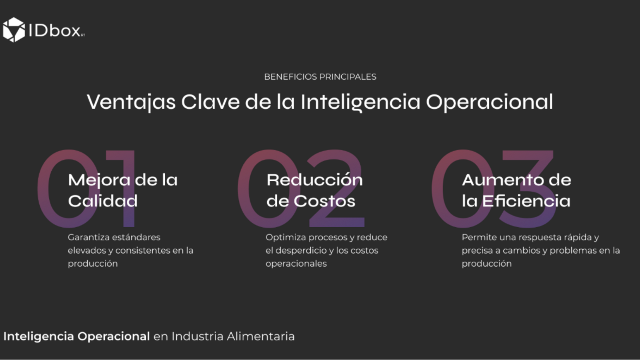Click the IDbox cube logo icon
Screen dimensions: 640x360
(14, 30)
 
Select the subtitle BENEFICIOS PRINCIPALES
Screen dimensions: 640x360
(320, 77)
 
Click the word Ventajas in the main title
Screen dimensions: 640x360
(131, 102)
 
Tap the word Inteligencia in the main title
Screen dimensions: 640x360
(360, 102)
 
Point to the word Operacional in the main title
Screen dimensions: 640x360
(490, 102)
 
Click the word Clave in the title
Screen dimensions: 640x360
(210, 102)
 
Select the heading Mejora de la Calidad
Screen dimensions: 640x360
(123, 190)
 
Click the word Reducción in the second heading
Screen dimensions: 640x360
(314, 180)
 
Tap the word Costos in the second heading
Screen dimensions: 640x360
(324, 201)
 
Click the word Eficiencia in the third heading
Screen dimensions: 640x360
(526, 200)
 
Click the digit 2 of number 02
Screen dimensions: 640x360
(336, 188)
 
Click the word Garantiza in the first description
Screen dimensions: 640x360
(88, 237)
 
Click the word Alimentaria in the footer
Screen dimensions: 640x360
(260, 336)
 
